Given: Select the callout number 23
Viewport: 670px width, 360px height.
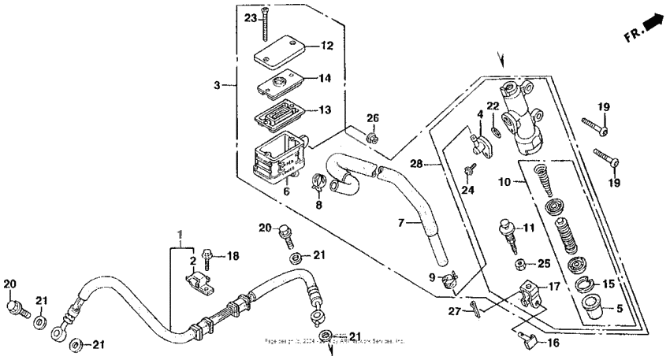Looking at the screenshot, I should pos(250,17).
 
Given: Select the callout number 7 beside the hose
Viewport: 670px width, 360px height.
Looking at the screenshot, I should pos(401,224).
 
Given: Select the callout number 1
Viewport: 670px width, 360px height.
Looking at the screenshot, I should pos(181,233).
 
